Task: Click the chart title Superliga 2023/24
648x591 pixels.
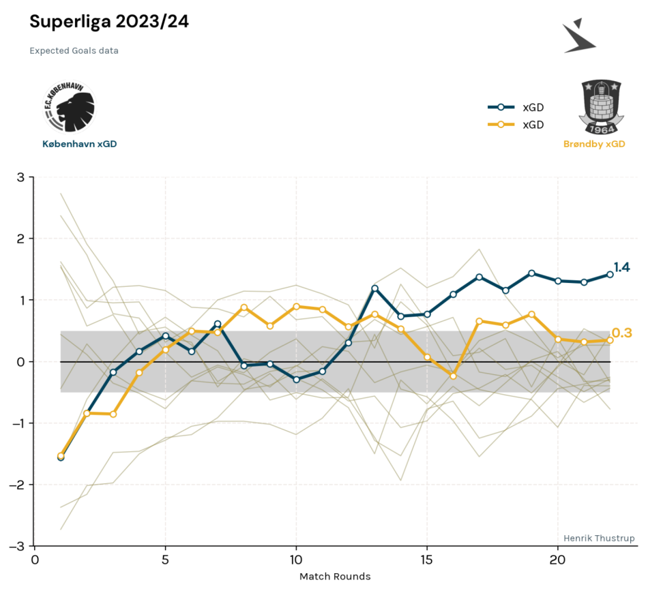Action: coord(109,22)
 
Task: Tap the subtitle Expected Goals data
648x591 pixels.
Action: coord(74,51)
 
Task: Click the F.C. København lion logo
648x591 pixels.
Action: coord(70,107)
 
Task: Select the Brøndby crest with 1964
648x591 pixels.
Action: coord(601,107)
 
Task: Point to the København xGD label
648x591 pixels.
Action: coord(79,144)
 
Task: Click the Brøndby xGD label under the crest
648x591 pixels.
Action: coord(594,144)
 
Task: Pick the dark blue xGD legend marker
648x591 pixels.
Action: coord(501,108)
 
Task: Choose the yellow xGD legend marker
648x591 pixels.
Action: coord(501,124)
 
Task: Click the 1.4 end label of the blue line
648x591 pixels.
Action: coord(621,268)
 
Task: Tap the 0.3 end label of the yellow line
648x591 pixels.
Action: coord(622,333)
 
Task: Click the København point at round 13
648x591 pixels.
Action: coord(375,289)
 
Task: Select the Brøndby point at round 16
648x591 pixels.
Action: coord(453,376)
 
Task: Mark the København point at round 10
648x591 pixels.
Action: coord(296,379)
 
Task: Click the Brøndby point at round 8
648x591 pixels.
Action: coord(244,307)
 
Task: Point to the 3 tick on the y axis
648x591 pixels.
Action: coord(20,177)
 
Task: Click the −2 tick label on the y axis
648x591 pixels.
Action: coord(16,485)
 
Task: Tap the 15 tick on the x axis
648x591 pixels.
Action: coord(426,560)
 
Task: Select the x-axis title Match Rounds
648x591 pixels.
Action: coord(335,577)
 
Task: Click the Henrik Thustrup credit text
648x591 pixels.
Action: coord(599,538)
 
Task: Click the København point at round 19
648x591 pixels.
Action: coord(531,273)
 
